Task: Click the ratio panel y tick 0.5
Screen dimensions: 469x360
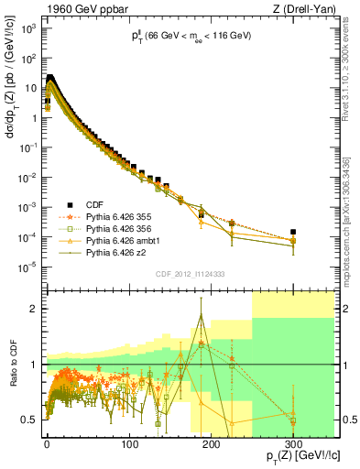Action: pyautogui.click(x=29, y=420)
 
